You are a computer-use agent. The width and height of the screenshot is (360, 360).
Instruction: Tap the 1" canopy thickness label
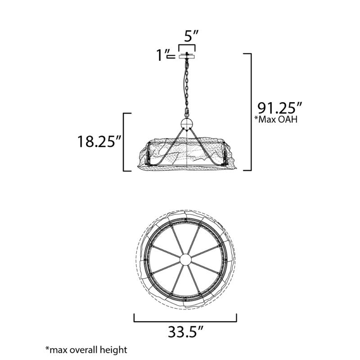[162, 55]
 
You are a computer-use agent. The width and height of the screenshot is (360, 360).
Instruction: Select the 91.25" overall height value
[279, 108]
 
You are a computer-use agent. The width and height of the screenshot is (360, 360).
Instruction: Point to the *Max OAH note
[276, 119]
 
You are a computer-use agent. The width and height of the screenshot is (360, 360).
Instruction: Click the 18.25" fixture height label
[99, 141]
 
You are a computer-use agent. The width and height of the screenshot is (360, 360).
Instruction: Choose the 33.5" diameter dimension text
[185, 332]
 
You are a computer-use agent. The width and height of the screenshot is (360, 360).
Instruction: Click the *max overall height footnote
[86, 350]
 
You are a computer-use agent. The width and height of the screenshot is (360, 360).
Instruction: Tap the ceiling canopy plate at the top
[187, 57]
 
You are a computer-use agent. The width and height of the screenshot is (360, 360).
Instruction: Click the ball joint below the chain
[187, 124]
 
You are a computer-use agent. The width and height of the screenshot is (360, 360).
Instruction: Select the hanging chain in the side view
[187, 88]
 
